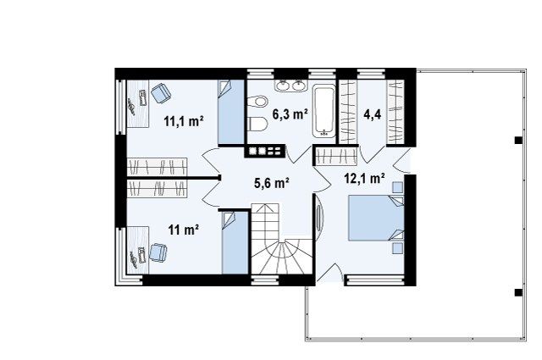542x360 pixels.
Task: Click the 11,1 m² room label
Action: click(183, 121)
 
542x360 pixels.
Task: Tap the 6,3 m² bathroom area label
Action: click(290, 114)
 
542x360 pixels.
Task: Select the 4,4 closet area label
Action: click(373, 114)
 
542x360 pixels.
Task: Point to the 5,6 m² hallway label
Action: click(272, 183)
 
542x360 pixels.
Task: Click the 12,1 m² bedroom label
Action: click(365, 178)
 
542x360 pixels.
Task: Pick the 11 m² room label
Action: click(183, 230)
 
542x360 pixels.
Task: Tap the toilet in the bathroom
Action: click(257, 124)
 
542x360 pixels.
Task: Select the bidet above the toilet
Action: click(257, 102)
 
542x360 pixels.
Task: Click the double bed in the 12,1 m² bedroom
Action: click(376, 218)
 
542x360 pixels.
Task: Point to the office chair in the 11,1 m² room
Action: click(161, 92)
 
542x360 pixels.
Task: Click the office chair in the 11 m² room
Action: click(158, 252)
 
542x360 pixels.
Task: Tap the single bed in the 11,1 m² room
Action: click(231, 112)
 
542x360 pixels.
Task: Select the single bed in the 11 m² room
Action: click(235, 243)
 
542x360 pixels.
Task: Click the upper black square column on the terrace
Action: click(517, 140)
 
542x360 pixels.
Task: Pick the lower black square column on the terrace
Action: click(517, 292)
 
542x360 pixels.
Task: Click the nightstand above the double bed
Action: click(397, 187)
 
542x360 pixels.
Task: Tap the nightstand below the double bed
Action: click(397, 248)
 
